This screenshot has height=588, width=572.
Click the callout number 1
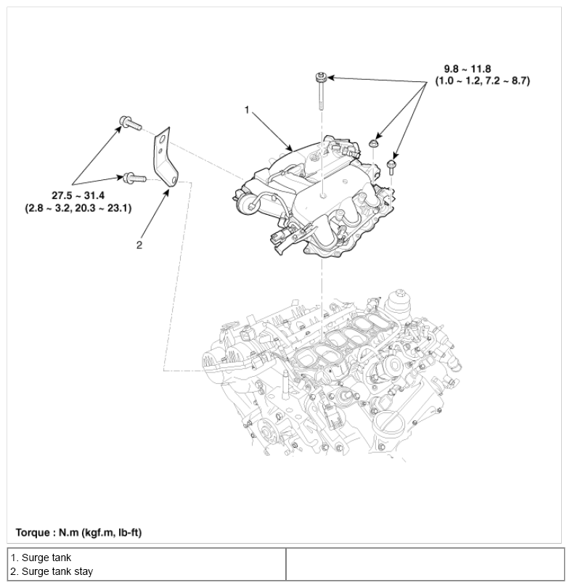pyautogui.click(x=247, y=110)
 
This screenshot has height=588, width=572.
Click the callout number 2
pyautogui.click(x=139, y=245)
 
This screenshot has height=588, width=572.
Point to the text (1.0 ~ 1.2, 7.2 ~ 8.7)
pyautogui.click(x=482, y=81)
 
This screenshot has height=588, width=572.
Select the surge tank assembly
pyautogui.click(x=312, y=196)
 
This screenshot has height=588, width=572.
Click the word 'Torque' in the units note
pyautogui.click(x=33, y=532)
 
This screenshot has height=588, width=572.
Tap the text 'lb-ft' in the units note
pyautogui.click(x=126, y=532)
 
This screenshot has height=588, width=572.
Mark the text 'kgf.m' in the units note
pyautogui.click(x=94, y=532)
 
